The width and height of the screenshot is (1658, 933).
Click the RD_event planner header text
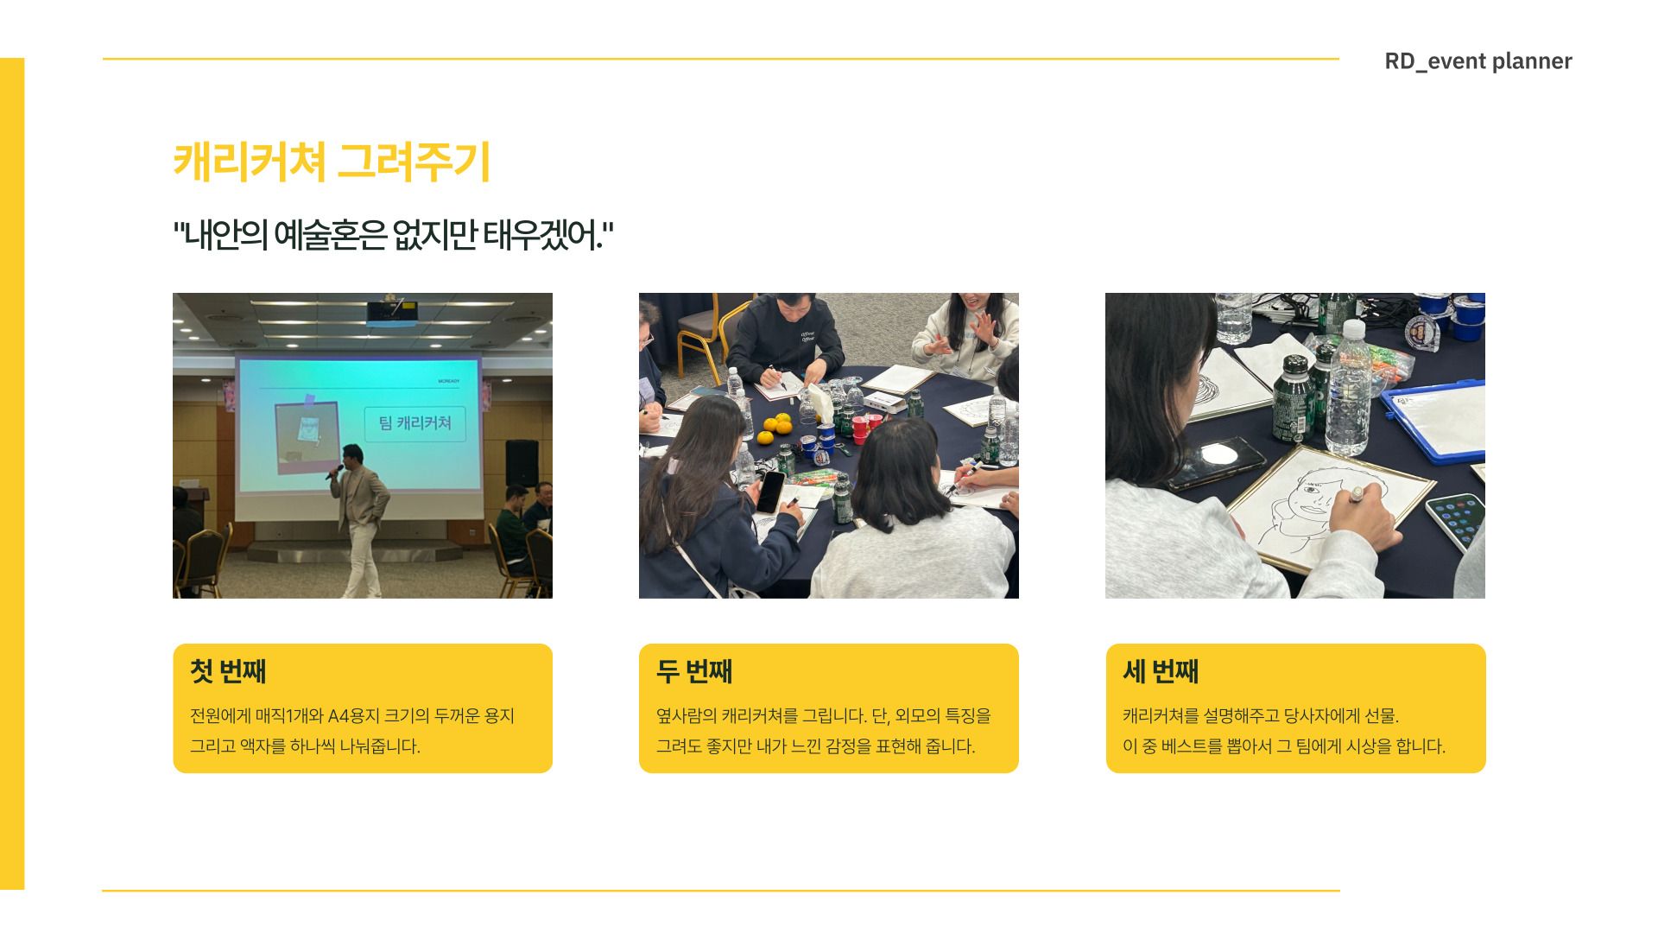pyautogui.click(x=1478, y=61)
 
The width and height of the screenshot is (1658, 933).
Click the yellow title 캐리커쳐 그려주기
pyautogui.click(x=332, y=162)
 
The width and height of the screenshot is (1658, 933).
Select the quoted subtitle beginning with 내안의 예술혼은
pyautogui.click(x=393, y=235)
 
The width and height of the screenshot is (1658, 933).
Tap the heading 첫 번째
pyautogui.click(x=228, y=671)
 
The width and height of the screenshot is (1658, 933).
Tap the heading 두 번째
pyautogui.click(x=694, y=671)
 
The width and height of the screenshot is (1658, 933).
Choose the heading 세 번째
pyautogui.click(x=1161, y=671)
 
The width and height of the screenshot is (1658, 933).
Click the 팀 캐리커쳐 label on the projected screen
pyautogui.click(x=415, y=423)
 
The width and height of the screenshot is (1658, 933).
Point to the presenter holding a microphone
pyautogui.click(x=360, y=510)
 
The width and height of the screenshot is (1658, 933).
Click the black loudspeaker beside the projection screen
pyautogui.click(x=522, y=462)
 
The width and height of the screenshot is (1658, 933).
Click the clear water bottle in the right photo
pyautogui.click(x=1347, y=397)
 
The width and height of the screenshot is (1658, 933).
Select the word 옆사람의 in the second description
pyautogui.click(x=687, y=716)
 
